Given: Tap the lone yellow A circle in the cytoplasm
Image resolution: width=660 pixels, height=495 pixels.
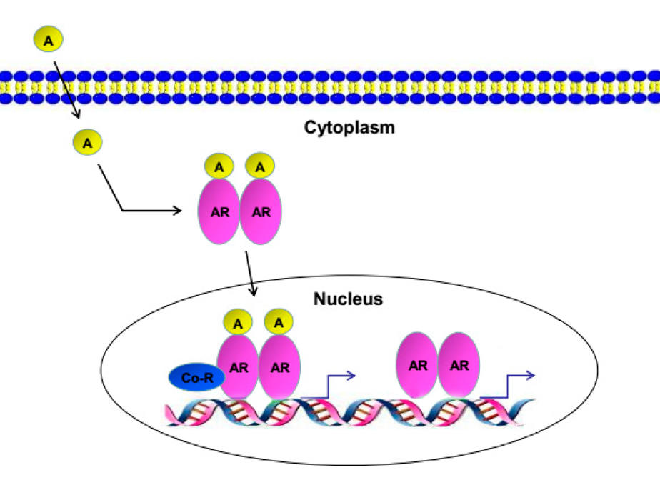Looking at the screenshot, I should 87,143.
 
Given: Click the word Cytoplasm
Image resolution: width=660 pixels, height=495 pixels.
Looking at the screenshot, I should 350,129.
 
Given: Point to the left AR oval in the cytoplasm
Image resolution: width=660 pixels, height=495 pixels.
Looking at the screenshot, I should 219,211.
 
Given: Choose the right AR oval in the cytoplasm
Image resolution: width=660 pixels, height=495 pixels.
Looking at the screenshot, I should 261,211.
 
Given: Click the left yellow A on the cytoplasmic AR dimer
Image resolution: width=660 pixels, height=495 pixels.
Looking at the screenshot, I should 220,167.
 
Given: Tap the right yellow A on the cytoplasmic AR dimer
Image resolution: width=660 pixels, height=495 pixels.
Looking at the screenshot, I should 259,167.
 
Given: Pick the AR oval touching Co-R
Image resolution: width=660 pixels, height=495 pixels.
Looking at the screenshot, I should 239,368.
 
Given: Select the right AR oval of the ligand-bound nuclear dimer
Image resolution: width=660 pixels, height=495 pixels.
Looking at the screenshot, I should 280,368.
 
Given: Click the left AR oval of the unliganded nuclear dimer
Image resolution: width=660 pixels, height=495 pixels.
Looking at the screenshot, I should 418,365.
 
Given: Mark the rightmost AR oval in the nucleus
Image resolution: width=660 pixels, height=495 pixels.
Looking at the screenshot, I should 459,365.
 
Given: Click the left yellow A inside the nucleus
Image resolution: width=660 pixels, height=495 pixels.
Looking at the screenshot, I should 239,323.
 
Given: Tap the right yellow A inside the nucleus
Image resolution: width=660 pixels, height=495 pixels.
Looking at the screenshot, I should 279,322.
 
